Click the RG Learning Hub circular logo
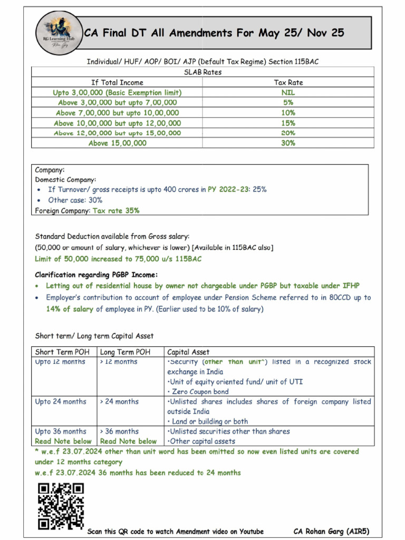60,33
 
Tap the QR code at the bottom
61,506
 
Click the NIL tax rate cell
288,92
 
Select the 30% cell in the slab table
288,143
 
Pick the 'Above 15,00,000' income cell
117,143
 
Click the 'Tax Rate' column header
288,82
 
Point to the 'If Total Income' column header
117,82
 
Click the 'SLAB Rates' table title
202,72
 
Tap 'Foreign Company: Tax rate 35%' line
87,210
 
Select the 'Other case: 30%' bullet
75,200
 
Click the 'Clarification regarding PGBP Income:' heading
96,275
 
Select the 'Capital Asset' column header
188,352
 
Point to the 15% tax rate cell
288,123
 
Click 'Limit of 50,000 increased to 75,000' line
118,259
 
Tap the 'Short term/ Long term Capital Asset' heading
94,336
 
